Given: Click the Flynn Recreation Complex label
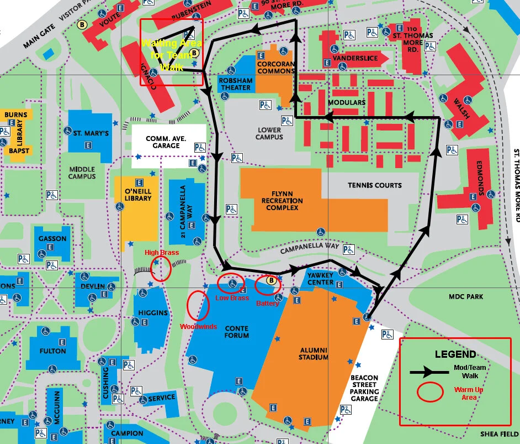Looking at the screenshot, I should pos(282,200).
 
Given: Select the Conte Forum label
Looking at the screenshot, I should pos(236,331).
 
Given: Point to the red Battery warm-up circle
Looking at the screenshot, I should pos(269,284).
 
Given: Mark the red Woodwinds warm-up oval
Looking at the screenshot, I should pos(198,305).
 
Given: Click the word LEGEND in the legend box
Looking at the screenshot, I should pos(455,354).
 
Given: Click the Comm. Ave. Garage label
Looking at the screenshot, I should pos(166,142).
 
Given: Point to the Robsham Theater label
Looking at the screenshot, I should pos(236,84).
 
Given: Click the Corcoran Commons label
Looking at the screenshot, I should pos(276,67).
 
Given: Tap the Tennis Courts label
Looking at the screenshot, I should pos(374,185).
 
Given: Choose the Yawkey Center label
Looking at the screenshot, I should pos(320,278).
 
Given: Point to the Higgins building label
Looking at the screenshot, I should pos(153,313).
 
